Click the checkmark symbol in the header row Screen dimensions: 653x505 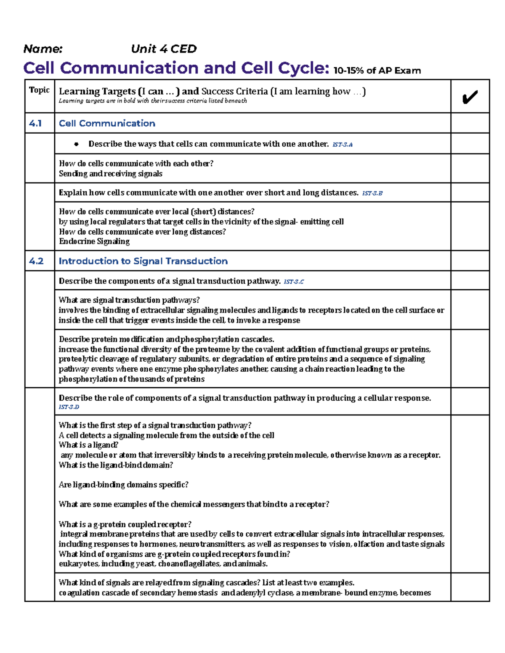(x=470, y=97)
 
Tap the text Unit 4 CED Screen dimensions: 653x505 (x=164, y=49)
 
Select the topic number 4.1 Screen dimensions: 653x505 (x=35, y=123)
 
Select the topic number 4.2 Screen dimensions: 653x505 (x=36, y=261)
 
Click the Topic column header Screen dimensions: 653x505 (x=39, y=90)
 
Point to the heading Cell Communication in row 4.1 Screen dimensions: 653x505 (x=107, y=123)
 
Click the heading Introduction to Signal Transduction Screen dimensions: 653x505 (x=143, y=261)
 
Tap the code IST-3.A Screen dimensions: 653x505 (x=343, y=145)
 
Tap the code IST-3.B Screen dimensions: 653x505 (x=372, y=193)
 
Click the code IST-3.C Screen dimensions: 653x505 (x=294, y=282)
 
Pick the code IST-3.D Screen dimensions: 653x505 (x=69, y=407)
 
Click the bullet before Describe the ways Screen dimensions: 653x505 (x=76, y=144)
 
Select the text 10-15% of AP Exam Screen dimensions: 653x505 (x=377, y=71)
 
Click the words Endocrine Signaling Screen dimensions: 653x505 (x=94, y=241)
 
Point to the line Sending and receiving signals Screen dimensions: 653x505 (x=110, y=174)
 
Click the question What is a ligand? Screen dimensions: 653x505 (x=88, y=445)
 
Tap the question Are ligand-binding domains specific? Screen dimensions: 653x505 (x=123, y=485)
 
